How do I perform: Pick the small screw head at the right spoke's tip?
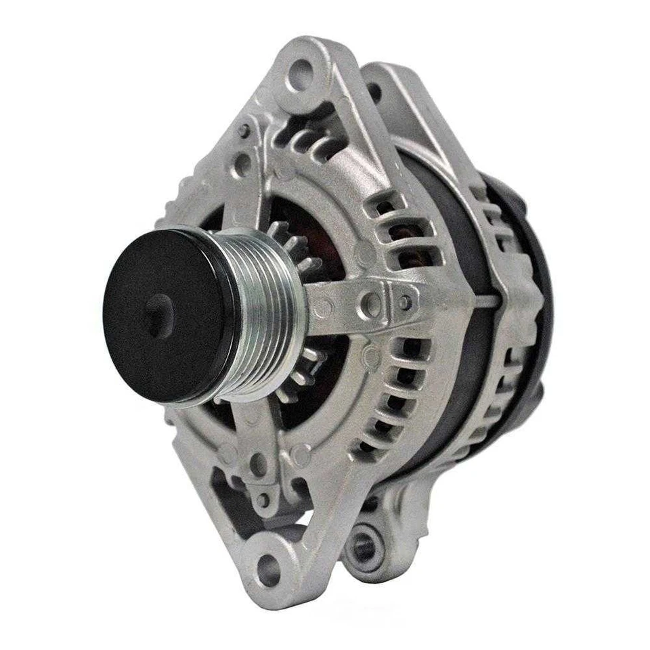tap(405, 303)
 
